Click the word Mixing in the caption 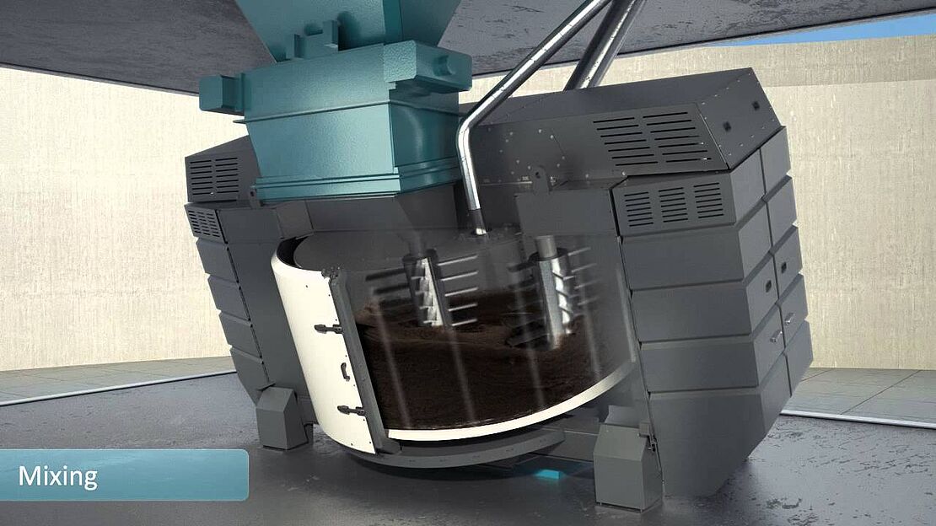pos(58,476)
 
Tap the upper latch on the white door pos(328,328)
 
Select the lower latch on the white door pos(351,411)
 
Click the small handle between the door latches pos(344,371)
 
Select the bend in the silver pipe pos(470,128)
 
